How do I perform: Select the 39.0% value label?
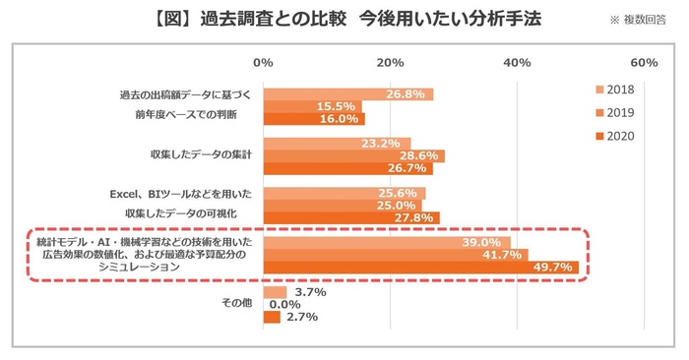(x=481, y=242)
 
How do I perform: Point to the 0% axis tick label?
(x=263, y=63)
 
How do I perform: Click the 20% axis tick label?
(x=390, y=63)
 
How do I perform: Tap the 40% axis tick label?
(x=517, y=63)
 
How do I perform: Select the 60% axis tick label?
(x=643, y=63)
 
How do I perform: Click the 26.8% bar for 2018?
(x=347, y=94)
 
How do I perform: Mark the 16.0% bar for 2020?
(x=313, y=119)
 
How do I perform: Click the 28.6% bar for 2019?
(x=353, y=155)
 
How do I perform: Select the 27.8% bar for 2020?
(x=350, y=217)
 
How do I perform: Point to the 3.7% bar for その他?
(x=275, y=292)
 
